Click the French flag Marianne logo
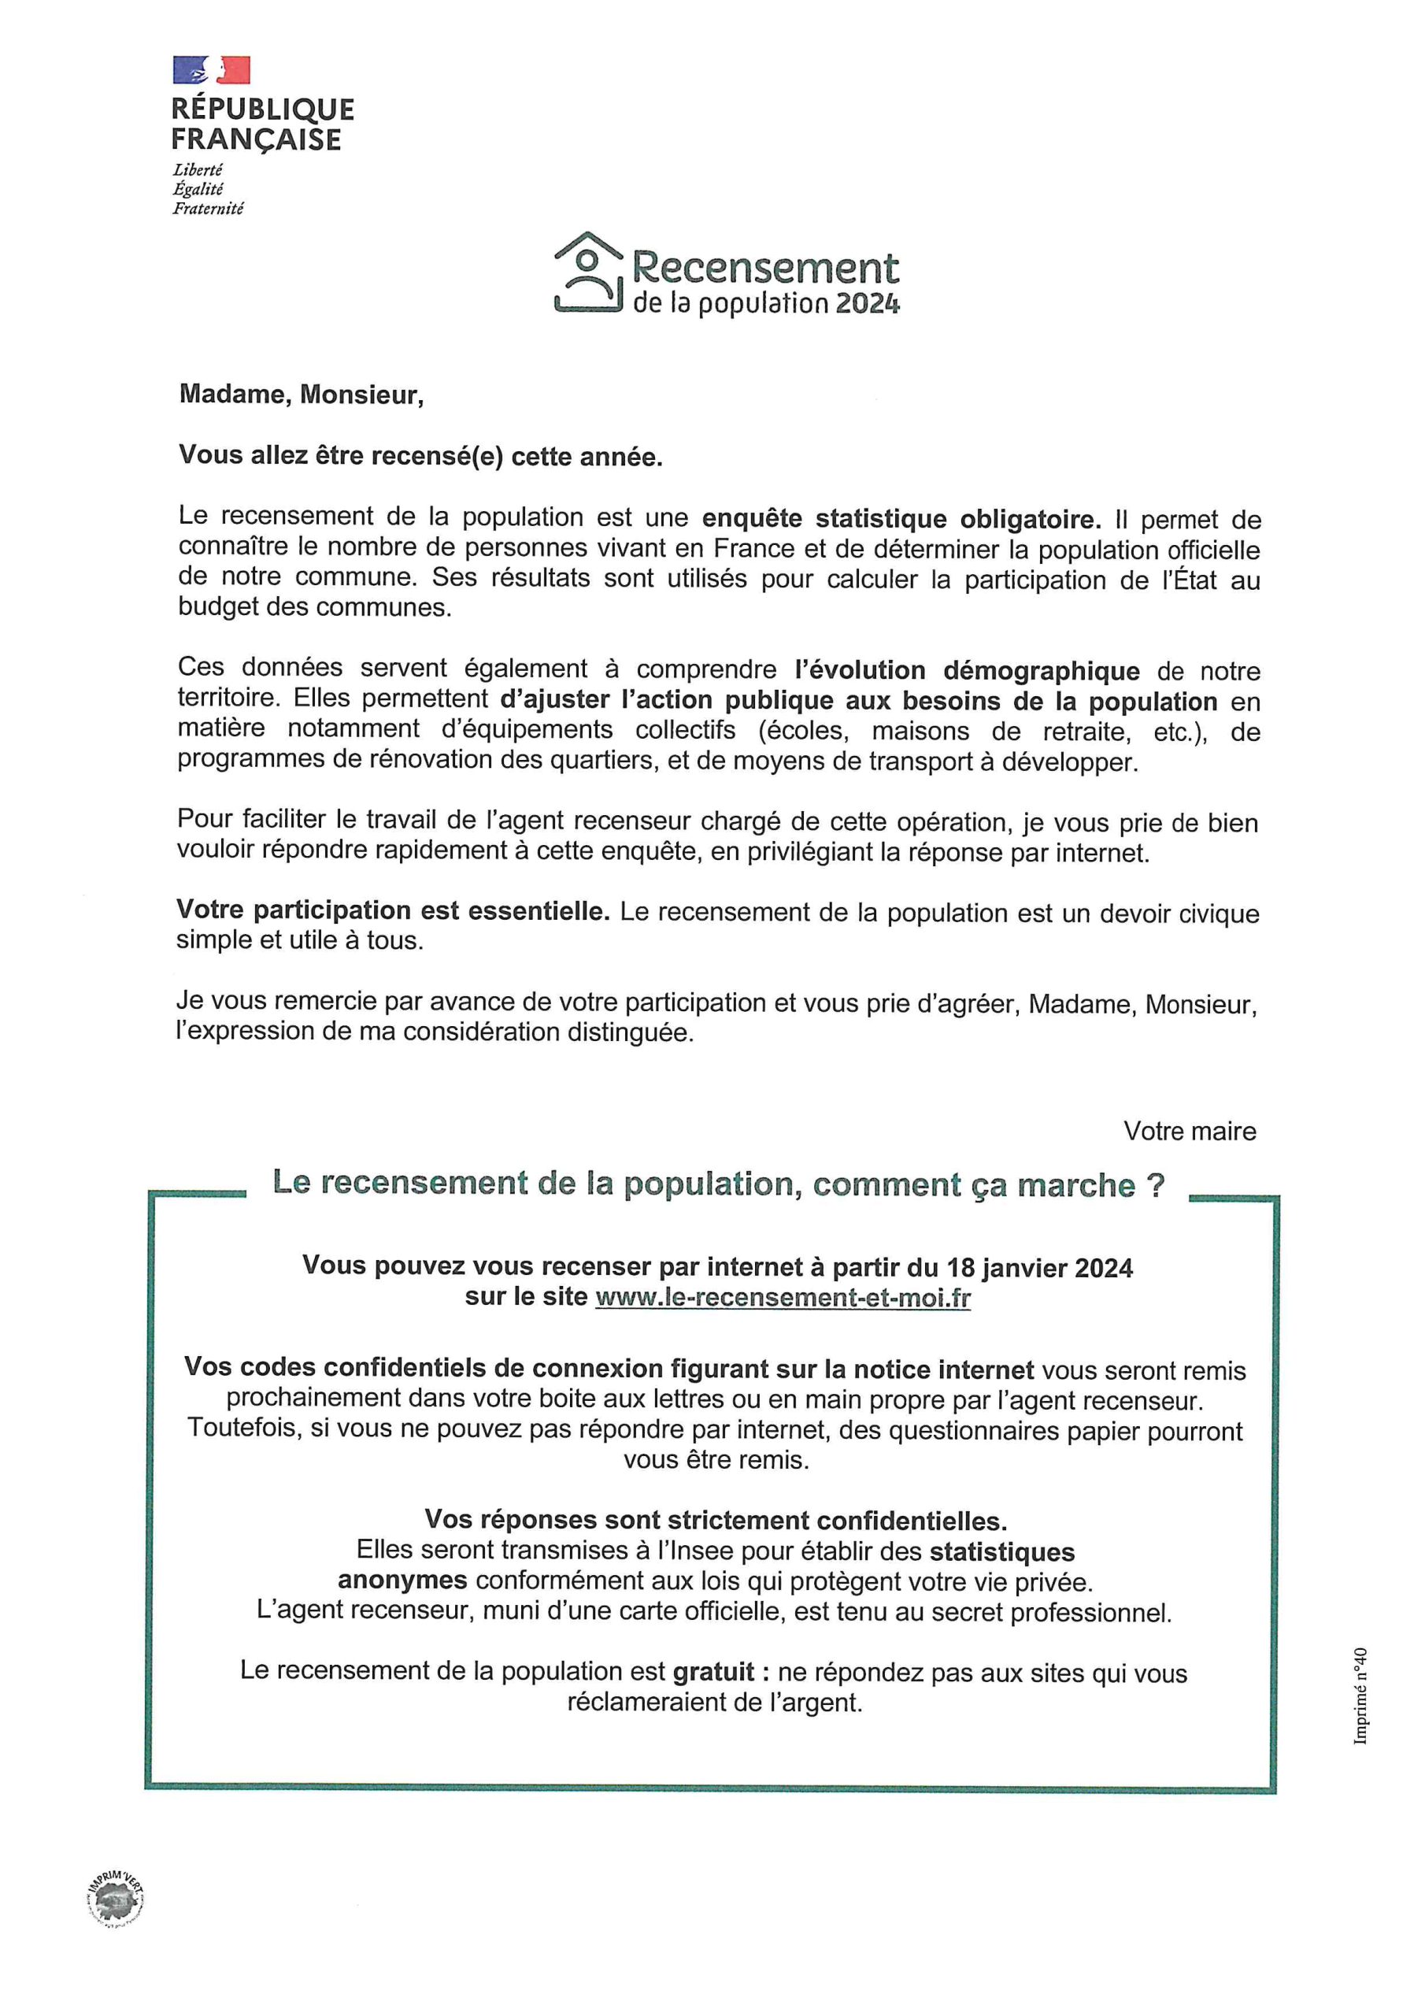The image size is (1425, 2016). pos(212,70)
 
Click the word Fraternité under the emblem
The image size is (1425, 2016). pos(207,209)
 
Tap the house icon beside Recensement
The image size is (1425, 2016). pos(587,272)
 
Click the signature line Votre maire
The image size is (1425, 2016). pos(1189,1131)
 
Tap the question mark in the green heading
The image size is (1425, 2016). pos(1156,1185)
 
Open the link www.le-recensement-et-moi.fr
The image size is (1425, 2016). pos(783,1297)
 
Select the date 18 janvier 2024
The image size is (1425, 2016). pos(1038,1267)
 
